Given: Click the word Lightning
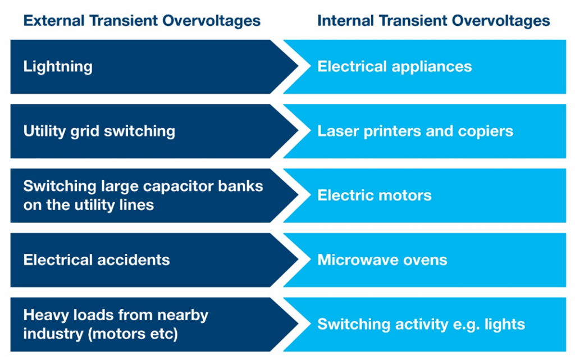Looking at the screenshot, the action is coord(58,67).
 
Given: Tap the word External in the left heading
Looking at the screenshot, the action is coord(54,21).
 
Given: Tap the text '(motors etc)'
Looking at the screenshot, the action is coord(133,334).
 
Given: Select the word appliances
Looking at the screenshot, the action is coord(432,67).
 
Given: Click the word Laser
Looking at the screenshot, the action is coord(337,131).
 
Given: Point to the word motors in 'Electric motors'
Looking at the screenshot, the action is coord(405,196).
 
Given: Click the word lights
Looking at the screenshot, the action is coord(505,325).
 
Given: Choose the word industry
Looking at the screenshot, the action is coord(53,334).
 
